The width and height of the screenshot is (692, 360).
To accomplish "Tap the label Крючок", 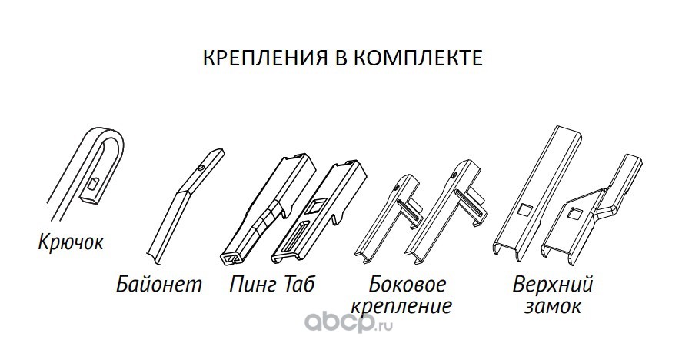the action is tap(70, 244).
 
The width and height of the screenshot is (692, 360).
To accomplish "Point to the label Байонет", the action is tap(160, 285).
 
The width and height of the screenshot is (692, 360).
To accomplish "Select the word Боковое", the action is tap(408, 285).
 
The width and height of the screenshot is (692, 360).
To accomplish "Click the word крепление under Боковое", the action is tap(400, 307).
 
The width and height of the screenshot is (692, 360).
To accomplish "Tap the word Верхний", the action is tap(554, 285).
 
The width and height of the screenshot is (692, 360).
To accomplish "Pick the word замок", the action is tap(553, 307).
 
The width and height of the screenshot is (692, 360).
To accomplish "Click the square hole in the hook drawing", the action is tap(92, 183).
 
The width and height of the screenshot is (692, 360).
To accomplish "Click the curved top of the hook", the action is tap(106, 137).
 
